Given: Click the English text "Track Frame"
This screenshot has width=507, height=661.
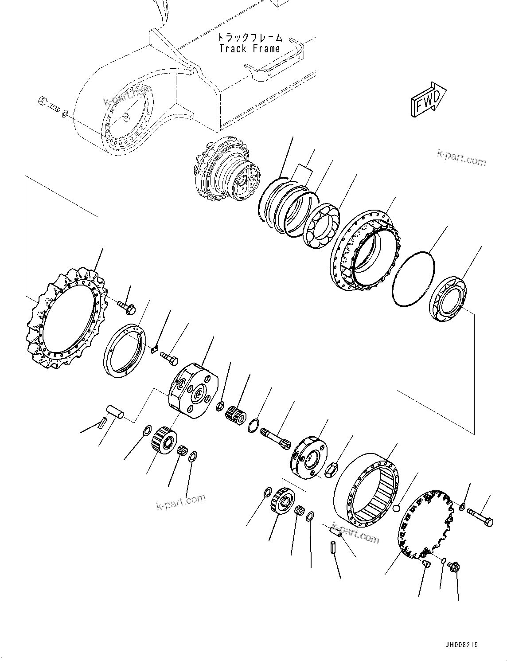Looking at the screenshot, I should coord(250,48).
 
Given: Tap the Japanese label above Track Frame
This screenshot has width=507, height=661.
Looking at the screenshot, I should coord(250,38).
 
